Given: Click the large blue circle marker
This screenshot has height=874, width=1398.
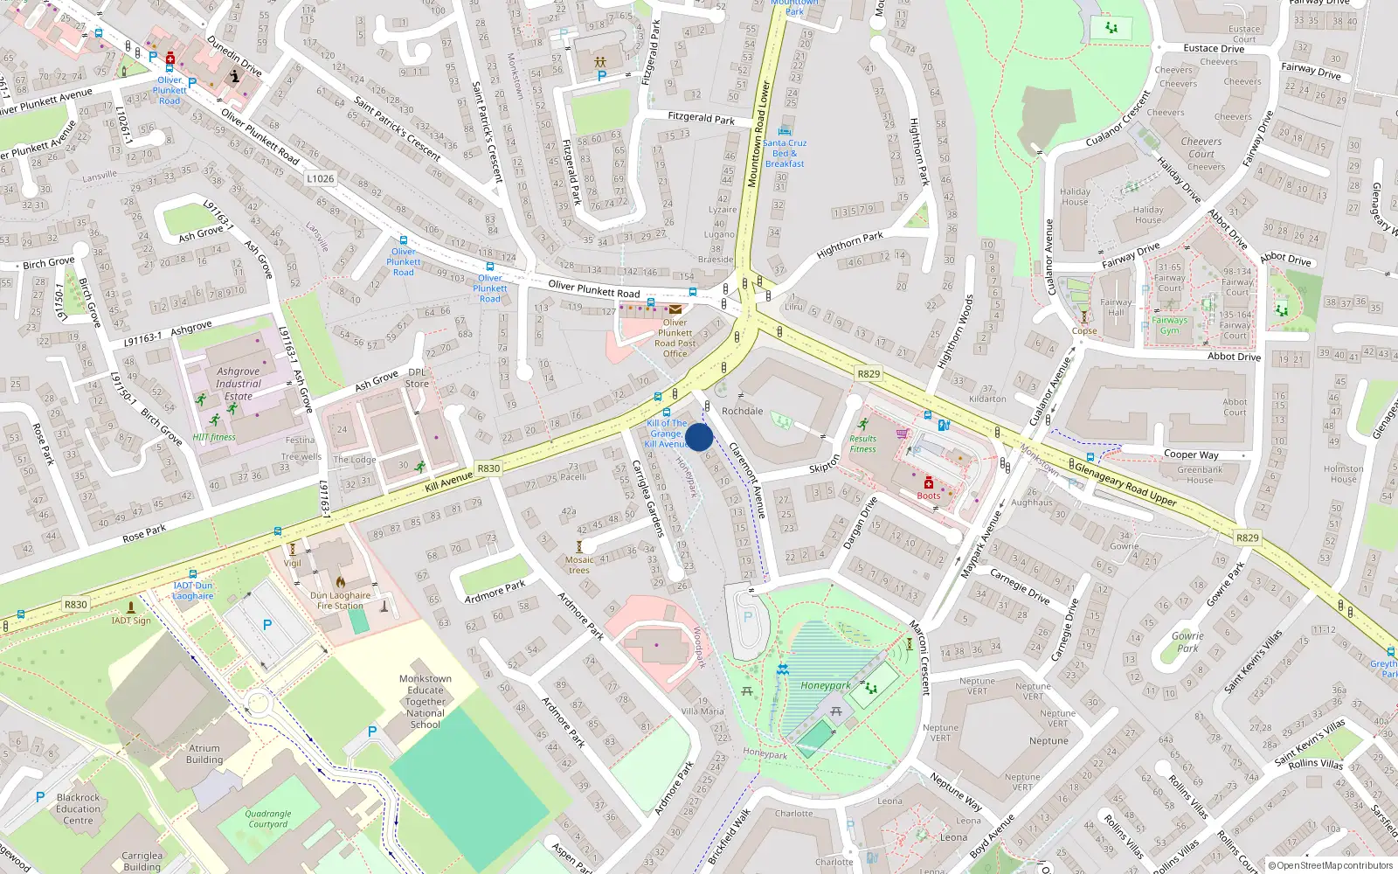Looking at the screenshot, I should tap(699, 437).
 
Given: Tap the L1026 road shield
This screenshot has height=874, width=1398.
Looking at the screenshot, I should tap(321, 178).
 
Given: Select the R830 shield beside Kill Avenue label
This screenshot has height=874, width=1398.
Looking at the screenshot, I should tap(488, 468).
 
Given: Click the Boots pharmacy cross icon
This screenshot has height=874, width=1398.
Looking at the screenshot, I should tap(929, 483).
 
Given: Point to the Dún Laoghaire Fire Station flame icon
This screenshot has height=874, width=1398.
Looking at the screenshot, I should tap(341, 581).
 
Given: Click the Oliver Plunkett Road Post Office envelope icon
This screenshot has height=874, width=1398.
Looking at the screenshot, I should tap(675, 309).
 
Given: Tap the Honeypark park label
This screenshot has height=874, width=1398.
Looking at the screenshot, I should tap(825, 686).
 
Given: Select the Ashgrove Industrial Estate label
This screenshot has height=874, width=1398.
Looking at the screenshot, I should tap(238, 384).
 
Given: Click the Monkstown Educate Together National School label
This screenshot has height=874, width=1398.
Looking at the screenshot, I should tap(426, 702).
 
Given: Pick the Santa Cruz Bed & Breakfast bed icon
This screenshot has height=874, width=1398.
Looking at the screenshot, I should tap(784, 131).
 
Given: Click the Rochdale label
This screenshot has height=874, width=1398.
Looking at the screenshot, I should tap(742, 411).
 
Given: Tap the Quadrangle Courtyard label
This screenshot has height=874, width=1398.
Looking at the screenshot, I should tap(268, 818).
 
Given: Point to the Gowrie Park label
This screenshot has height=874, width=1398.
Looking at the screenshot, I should tap(1187, 642).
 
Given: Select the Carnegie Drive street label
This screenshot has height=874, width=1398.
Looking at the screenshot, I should tap(1020, 586).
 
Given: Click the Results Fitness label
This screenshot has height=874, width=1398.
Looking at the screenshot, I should tap(862, 444).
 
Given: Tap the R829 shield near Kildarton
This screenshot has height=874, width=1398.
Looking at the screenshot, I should tap(869, 374).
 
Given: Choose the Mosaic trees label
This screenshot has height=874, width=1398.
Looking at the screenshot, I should tap(579, 565).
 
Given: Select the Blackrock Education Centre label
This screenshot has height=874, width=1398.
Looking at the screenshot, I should tap(78, 808).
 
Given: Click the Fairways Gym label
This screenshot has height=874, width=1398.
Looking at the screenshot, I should tap(1169, 325).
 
